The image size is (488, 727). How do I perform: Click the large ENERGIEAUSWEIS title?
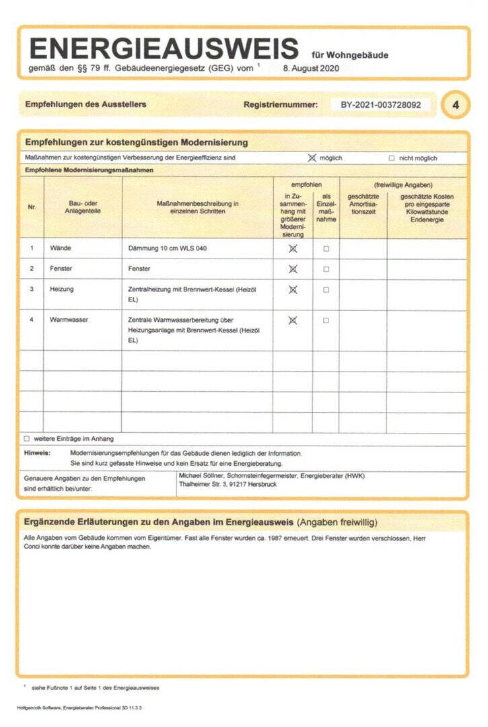click(x=164, y=48)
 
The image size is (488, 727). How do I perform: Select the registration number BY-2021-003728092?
click(x=380, y=105)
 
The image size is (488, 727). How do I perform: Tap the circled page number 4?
click(x=456, y=106)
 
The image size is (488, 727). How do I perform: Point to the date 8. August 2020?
click(x=310, y=68)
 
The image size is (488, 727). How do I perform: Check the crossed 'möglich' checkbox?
click(x=312, y=158)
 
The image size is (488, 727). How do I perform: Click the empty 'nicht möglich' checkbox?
click(x=392, y=158)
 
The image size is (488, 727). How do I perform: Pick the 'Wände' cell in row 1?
click(x=61, y=248)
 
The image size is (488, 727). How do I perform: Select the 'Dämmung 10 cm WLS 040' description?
click(x=168, y=248)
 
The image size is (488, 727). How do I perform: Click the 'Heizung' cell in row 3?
click(x=62, y=289)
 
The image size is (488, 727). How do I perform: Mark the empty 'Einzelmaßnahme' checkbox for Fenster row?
click(x=326, y=269)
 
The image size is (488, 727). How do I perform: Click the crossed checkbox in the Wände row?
click(x=292, y=248)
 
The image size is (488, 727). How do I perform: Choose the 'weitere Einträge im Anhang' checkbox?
click(x=27, y=439)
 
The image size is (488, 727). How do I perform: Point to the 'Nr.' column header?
click(x=32, y=207)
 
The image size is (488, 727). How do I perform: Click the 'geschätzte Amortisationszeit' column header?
click(x=363, y=204)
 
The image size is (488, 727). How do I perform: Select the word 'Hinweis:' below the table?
click(x=37, y=454)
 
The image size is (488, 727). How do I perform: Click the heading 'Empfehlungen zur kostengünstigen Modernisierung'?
click(x=137, y=143)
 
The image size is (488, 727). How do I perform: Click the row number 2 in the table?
click(x=32, y=269)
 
